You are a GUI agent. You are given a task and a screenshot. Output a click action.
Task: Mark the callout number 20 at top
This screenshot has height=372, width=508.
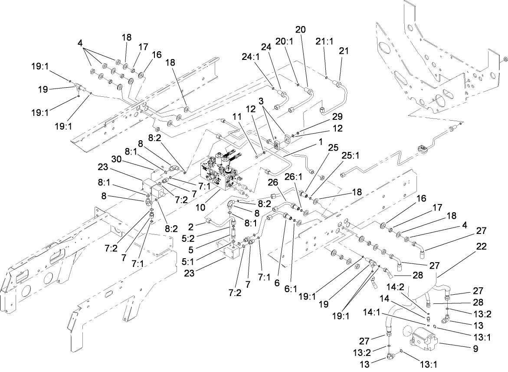[x=300, y=30]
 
